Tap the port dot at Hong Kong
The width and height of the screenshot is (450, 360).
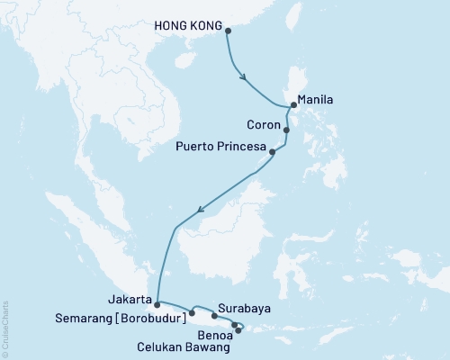(x=228, y=31)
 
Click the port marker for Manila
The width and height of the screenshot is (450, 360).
(x=293, y=105)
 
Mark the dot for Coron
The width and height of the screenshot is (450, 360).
(x=286, y=130)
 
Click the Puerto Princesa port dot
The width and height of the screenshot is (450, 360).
(x=273, y=151)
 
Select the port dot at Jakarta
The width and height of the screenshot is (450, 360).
(x=157, y=304)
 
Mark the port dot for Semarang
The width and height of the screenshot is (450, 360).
(x=193, y=313)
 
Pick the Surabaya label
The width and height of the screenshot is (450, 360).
(x=246, y=307)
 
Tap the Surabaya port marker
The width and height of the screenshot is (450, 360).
(x=214, y=316)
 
